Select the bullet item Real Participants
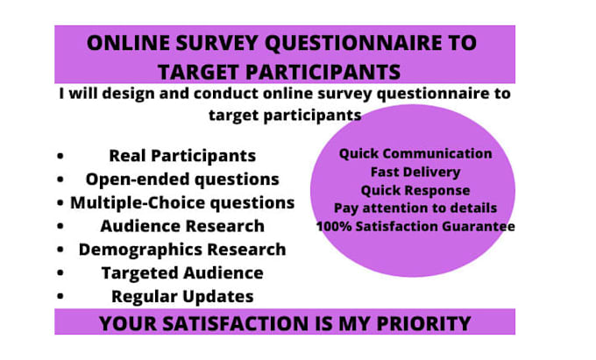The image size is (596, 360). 182,156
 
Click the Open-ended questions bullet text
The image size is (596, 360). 182,179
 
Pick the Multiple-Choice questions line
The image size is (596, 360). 182,202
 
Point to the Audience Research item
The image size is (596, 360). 182,225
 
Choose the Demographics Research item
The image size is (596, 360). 182,249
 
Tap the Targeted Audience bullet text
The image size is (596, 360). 182,272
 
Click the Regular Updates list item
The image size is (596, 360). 182,296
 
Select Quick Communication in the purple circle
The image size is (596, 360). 415,153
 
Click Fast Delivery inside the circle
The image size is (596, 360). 415,172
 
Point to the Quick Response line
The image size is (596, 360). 415,190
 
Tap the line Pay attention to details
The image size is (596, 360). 415,208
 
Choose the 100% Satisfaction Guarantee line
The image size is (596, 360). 415,226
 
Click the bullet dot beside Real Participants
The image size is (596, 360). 60,157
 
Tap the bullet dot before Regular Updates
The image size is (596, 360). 60,297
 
